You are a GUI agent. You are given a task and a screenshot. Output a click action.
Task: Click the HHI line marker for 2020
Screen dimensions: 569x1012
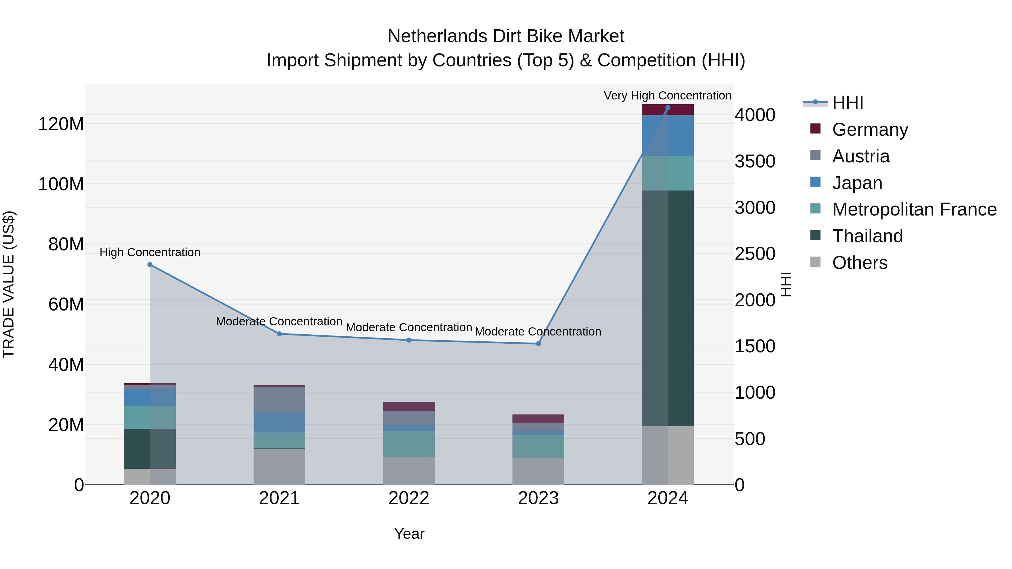[x=150, y=265]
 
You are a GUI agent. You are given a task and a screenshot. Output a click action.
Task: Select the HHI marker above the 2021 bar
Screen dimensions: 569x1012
[x=279, y=334]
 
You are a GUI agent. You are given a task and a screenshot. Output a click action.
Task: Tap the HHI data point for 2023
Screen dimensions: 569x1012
[x=538, y=344]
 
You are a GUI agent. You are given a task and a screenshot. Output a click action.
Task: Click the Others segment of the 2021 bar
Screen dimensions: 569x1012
[x=279, y=466]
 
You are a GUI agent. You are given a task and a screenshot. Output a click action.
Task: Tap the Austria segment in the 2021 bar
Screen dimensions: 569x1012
[x=279, y=399]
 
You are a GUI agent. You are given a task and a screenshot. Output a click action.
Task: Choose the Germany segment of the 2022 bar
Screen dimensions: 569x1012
[x=408, y=406]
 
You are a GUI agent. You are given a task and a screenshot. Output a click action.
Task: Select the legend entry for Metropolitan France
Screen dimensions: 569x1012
[x=914, y=209]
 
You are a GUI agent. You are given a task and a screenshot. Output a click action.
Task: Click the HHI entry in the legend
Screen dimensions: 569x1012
[x=847, y=103]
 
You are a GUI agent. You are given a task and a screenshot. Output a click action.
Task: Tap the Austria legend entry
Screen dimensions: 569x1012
[x=860, y=156]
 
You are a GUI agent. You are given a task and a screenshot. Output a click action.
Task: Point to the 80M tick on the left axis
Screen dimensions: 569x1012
[x=66, y=244]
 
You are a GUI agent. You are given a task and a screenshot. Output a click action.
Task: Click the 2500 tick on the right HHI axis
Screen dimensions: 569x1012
[x=755, y=254]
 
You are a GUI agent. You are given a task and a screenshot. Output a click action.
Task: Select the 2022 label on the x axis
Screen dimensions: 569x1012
[x=408, y=498]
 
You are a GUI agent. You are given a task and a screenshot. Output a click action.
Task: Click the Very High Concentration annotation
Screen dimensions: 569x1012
[x=667, y=96]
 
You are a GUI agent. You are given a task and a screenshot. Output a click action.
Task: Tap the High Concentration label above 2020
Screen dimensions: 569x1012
[x=150, y=252]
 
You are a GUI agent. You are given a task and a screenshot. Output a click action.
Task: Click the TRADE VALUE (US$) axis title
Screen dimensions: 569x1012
[x=9, y=284]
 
